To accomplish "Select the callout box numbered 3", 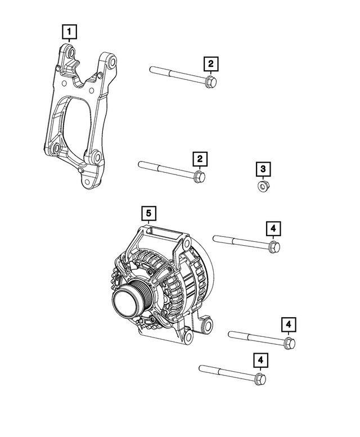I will click(262, 168).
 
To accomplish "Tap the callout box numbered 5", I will click(148, 213).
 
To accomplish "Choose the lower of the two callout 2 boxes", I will click(199, 159).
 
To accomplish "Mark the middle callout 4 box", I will click(289, 325).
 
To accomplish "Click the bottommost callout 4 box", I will click(260, 360).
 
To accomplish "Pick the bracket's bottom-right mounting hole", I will click(96, 157).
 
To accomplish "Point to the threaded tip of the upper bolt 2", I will click(152, 69).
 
